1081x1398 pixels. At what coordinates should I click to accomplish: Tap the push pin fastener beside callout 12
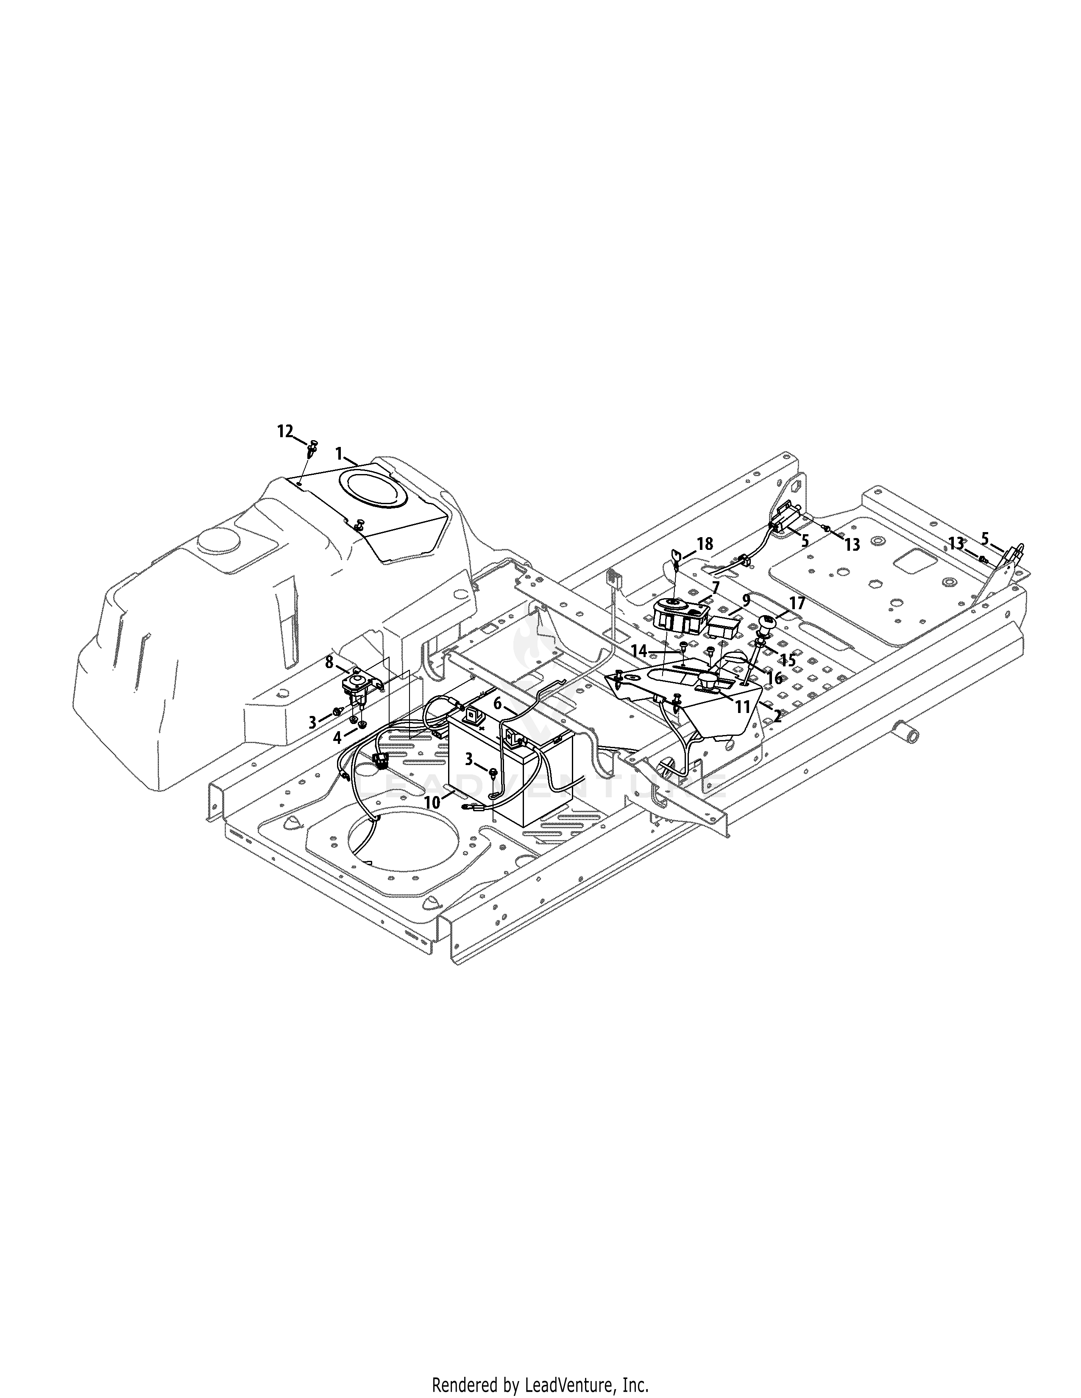[313, 447]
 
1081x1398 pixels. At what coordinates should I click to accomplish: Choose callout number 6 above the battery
[498, 704]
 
